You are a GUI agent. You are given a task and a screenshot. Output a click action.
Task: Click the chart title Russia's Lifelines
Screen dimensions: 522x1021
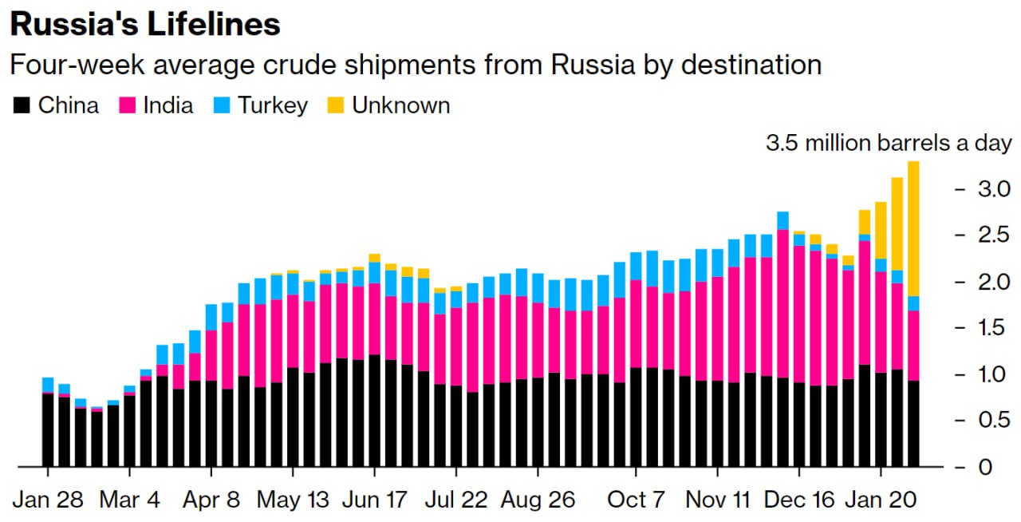tap(145, 24)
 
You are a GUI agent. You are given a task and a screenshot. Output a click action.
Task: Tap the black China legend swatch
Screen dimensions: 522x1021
tap(22, 105)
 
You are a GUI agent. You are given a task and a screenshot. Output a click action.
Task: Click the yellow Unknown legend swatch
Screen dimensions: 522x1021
tap(336, 105)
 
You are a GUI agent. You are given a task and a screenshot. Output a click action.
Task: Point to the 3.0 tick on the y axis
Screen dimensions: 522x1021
tap(995, 189)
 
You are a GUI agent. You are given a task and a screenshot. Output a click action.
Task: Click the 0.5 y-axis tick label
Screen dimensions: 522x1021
tap(995, 420)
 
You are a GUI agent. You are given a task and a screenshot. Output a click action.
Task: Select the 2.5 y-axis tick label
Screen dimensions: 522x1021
tap(995, 235)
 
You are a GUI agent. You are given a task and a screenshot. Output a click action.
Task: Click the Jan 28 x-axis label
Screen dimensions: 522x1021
tap(47, 500)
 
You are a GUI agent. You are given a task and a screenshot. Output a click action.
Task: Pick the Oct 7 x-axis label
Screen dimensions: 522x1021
tap(637, 500)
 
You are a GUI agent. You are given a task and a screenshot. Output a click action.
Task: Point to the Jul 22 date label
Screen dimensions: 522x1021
tap(455, 500)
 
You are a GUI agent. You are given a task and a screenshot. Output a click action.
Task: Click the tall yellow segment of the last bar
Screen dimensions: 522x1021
tap(913, 228)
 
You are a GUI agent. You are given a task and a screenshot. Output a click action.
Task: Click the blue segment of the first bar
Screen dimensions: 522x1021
tap(48, 384)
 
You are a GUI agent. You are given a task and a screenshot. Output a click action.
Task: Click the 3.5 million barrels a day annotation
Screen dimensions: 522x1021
tap(889, 144)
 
